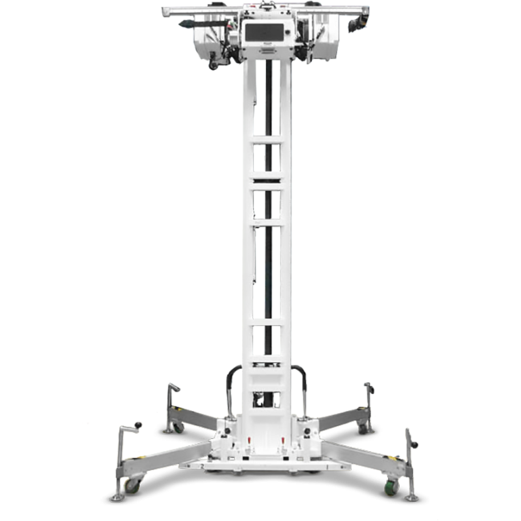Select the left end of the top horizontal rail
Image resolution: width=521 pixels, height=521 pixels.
point(165,10)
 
